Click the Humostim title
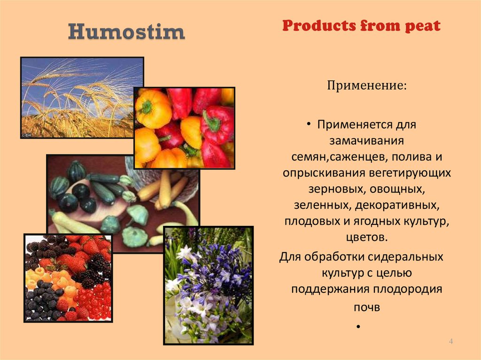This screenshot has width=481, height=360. click(126, 31)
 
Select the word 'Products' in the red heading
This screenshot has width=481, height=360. click(319, 25)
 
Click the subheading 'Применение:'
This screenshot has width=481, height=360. click(366, 85)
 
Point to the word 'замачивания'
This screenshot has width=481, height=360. click(366, 141)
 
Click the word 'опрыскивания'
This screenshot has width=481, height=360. click(324, 173)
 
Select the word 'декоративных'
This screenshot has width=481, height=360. click(397, 205)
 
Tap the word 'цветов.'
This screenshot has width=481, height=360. click(367, 237)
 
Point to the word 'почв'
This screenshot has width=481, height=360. click(367, 307)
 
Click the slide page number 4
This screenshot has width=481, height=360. click(451, 341)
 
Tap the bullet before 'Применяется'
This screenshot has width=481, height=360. click(309, 124)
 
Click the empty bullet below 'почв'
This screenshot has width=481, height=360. click(358, 327)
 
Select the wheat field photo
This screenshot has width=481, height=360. click(82, 98)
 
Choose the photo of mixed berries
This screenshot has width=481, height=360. click(68, 278)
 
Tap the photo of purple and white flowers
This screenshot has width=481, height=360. click(208, 285)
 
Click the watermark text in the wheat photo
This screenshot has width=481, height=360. click(26, 135)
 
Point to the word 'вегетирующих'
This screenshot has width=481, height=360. click(410, 173)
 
